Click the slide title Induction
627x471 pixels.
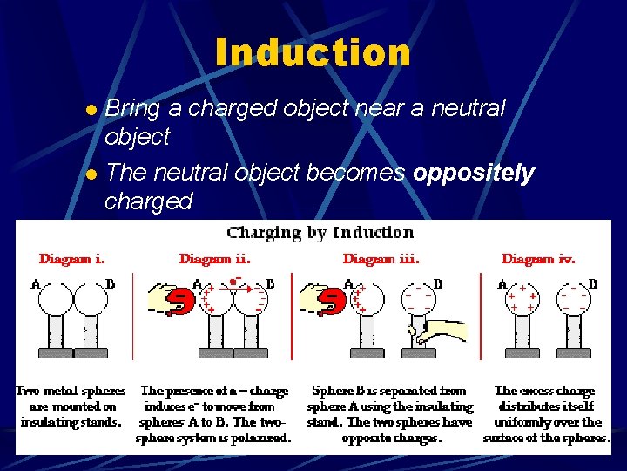pos(313,52)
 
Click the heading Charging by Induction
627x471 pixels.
pos(320,233)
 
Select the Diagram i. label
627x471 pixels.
pos(72,259)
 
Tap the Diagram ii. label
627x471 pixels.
pos(214,259)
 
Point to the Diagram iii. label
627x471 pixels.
pos(381,259)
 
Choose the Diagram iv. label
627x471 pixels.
pos(538,259)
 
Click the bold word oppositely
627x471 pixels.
pos(474,173)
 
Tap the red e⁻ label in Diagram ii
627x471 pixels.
pos(234,281)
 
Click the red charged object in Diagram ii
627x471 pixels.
pos(180,300)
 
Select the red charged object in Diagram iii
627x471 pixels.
pos(332,300)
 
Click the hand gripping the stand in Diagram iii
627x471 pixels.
pos(435,332)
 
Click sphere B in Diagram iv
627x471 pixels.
pos(577,300)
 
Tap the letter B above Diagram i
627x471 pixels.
pos(110,283)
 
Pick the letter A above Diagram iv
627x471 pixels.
pos(502,283)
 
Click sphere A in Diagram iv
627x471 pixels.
pos(521,300)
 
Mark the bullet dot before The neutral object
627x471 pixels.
pos(91,174)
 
